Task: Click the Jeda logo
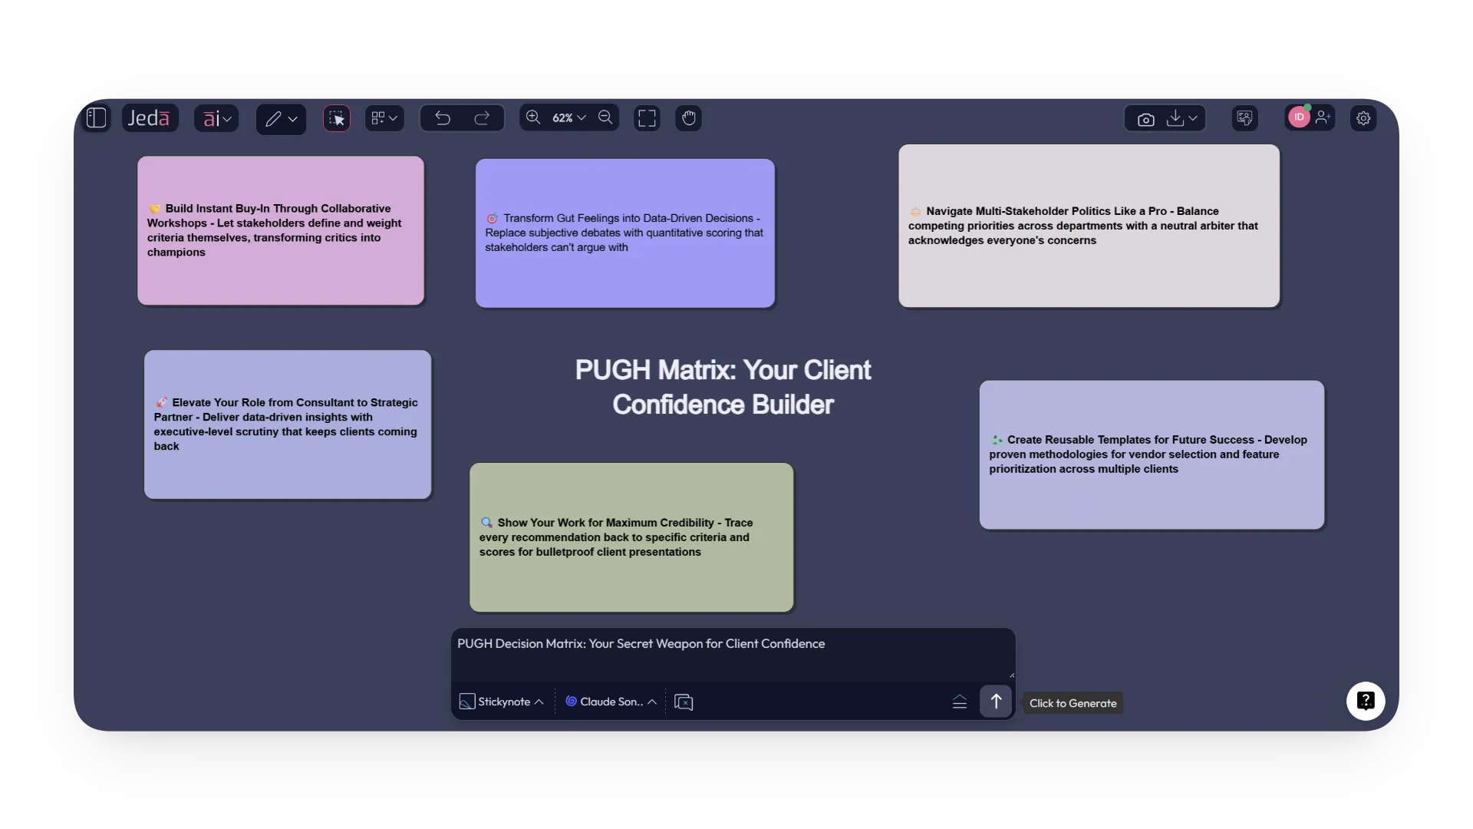(149, 118)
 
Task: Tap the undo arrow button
(443, 118)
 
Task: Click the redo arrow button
(482, 118)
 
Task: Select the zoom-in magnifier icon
(533, 117)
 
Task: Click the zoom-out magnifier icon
(605, 117)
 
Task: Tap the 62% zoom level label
(562, 118)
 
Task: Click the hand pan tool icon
(688, 118)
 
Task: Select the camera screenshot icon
(1145, 119)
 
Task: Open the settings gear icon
(1363, 118)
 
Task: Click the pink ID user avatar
(1298, 117)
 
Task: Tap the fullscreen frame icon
(647, 118)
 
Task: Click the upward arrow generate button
(996, 701)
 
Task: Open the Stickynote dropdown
(503, 702)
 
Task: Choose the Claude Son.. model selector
(611, 702)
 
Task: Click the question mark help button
(1366, 701)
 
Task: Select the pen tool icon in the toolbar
(273, 119)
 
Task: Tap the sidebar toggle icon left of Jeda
(97, 118)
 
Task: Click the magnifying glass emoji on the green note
(486, 523)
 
